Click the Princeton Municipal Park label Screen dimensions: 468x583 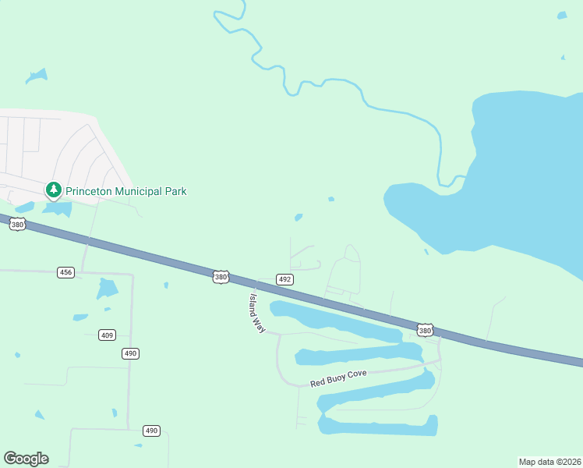pyautogui.click(x=125, y=191)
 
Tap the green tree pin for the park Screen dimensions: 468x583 pyautogui.click(x=53, y=190)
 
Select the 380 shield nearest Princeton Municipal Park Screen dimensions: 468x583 pyautogui.click(x=17, y=225)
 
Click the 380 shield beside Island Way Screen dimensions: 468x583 pyautogui.click(x=221, y=277)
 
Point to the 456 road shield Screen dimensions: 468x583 pyautogui.click(x=65, y=272)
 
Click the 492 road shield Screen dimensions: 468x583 pyautogui.click(x=284, y=279)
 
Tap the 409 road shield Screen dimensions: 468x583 pyautogui.click(x=107, y=335)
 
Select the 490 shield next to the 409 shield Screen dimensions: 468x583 pyautogui.click(x=130, y=353)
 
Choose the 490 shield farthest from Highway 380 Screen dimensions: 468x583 pyautogui.click(x=151, y=431)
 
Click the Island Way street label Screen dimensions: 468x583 pyautogui.click(x=257, y=314)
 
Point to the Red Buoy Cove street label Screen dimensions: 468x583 pyautogui.click(x=338, y=378)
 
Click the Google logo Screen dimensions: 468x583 pyautogui.click(x=26, y=459)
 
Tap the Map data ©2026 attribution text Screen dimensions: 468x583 pyautogui.click(x=549, y=461)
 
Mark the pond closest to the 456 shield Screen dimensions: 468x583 pyautogui.click(x=106, y=289)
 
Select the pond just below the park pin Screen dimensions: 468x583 pyautogui.click(x=59, y=209)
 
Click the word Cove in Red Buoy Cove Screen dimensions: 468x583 pyautogui.click(x=356, y=375)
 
